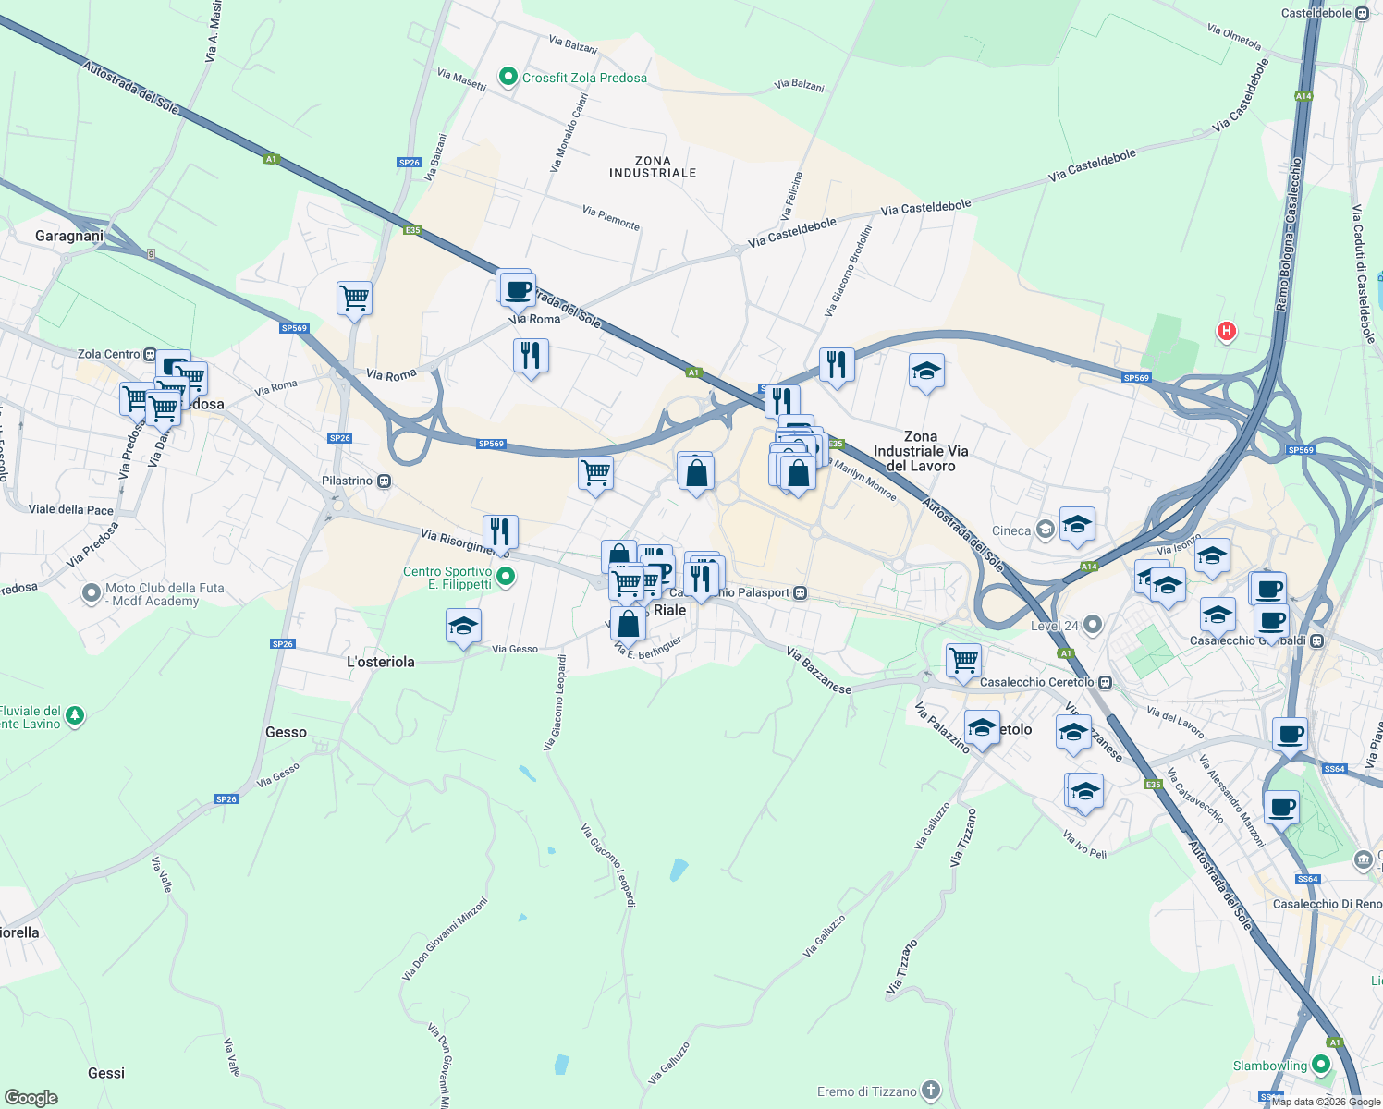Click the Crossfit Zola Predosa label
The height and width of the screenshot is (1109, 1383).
584,79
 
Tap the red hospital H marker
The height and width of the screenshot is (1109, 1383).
1226,331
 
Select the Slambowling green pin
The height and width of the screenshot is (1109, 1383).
1321,1066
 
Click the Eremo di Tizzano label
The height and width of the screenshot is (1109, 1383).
867,1091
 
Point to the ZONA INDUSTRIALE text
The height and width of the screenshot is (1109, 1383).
653,166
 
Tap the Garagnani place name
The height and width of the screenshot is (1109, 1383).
69,236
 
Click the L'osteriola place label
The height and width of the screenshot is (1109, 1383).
381,662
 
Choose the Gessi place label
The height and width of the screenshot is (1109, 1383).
106,1073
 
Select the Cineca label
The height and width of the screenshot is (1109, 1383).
1011,530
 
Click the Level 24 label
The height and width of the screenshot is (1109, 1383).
1055,626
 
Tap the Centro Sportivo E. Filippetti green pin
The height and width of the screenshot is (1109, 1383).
506,578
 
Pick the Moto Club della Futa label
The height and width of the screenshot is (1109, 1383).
165,594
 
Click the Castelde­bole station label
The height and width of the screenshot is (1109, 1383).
1316,13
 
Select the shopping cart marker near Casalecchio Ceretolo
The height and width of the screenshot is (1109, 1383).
963,660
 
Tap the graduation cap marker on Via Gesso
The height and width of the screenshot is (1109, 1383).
463,626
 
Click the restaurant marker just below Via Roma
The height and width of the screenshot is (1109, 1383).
531,355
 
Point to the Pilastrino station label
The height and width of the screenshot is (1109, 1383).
348,481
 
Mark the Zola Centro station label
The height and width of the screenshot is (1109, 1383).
109,354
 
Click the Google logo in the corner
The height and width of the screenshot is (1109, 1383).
31,1098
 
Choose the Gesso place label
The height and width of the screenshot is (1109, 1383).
286,732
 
